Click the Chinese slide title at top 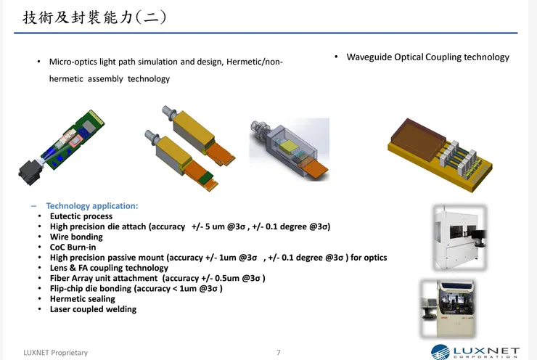[x=94, y=17]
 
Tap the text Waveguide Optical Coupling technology [x=427, y=57]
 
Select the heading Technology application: [x=92, y=206]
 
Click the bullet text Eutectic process [x=81, y=216]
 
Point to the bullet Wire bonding [x=76, y=237]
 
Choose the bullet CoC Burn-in [x=73, y=247]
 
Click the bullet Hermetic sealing [x=83, y=299]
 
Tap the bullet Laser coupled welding [x=93, y=309]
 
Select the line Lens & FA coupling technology [x=110, y=268]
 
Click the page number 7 [x=279, y=353]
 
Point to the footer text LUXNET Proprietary [x=55, y=353]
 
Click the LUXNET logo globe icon [x=440, y=353]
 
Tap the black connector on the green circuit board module [x=30, y=173]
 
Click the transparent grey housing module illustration [x=290, y=150]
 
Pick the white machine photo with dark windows [x=459, y=238]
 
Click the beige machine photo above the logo [x=448, y=308]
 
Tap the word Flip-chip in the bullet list [x=67, y=288]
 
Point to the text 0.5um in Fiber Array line [x=227, y=278]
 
